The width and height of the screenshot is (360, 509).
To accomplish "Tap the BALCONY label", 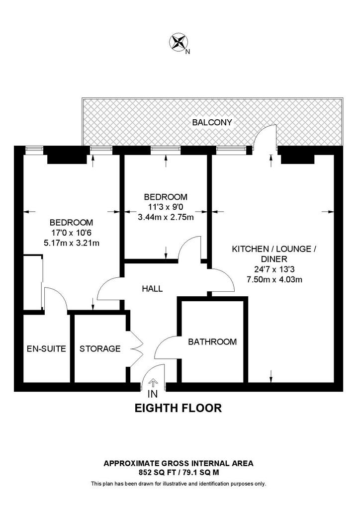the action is point(212,122).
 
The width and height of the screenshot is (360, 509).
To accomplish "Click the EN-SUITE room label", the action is point(46,348).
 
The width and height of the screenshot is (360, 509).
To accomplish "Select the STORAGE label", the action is point(100,348).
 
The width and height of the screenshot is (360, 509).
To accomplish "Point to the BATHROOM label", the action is point(212,341).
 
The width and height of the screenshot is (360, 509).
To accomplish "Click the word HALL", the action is point(152,288).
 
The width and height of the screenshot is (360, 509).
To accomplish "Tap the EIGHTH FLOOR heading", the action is point(178,408).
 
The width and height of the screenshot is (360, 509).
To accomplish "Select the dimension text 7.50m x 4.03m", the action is point(274,279).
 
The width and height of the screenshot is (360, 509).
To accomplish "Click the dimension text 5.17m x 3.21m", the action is point(72,242).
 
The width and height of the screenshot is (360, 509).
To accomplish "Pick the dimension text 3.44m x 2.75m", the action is point(166,217).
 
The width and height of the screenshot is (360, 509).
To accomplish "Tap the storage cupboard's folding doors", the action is point(137,349).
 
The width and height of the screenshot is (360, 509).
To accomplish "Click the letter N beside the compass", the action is point(187,51).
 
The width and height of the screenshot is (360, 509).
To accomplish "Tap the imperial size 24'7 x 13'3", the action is point(274,269).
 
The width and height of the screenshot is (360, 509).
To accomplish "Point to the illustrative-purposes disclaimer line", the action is point(179,484).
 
